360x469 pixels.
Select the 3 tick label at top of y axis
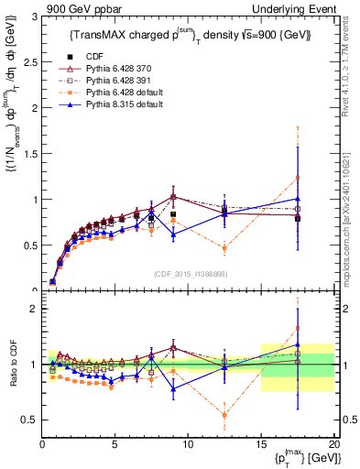pyautogui.click(x=33, y=16)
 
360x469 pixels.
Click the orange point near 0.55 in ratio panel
pyautogui.click(x=224, y=415)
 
